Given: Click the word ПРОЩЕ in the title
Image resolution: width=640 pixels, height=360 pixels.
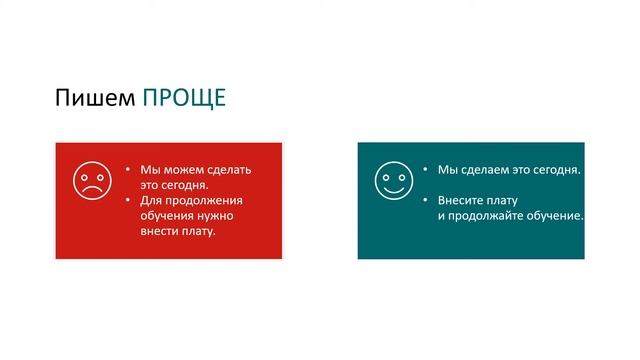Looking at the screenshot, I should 184,97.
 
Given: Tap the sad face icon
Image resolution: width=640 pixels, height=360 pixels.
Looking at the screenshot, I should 92,181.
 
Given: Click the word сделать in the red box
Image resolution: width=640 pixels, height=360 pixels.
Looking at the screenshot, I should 227,170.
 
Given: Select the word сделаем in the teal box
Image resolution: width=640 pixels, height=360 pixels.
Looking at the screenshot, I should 484,170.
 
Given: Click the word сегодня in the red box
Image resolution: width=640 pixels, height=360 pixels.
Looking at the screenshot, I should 183,185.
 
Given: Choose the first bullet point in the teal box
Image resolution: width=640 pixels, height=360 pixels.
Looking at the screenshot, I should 425,170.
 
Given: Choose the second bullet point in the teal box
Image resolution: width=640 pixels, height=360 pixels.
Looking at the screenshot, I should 425,200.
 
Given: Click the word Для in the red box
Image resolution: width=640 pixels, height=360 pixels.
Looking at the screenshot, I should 151,200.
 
